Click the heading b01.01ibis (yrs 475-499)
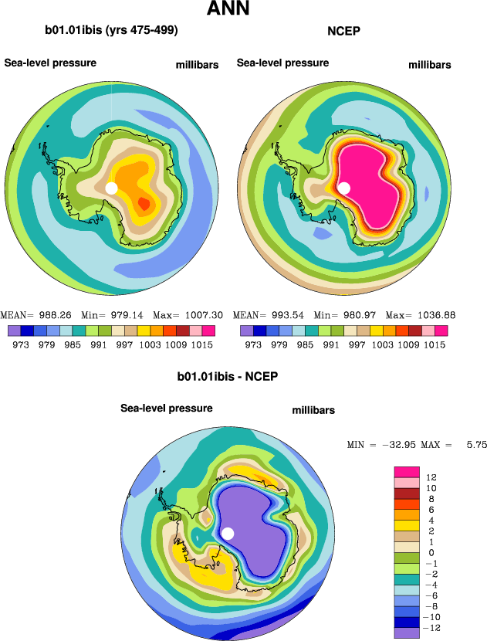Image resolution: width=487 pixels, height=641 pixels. point(112,31)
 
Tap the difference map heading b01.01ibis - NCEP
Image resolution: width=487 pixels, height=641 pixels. point(227,377)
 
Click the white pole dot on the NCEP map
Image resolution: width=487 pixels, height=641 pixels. point(344,188)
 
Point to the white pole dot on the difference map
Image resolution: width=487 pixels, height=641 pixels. point(228,534)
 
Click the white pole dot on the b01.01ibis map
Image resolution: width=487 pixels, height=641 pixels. point(111,188)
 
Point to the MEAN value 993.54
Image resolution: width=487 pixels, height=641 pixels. point(289,316)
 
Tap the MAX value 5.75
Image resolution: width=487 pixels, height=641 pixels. point(473,446)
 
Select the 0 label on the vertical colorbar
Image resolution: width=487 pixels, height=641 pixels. point(431,552)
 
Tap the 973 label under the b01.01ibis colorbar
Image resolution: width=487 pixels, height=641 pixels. point(21,344)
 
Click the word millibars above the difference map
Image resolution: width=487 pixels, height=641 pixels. point(313,411)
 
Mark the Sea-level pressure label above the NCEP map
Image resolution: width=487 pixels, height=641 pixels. point(283,63)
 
